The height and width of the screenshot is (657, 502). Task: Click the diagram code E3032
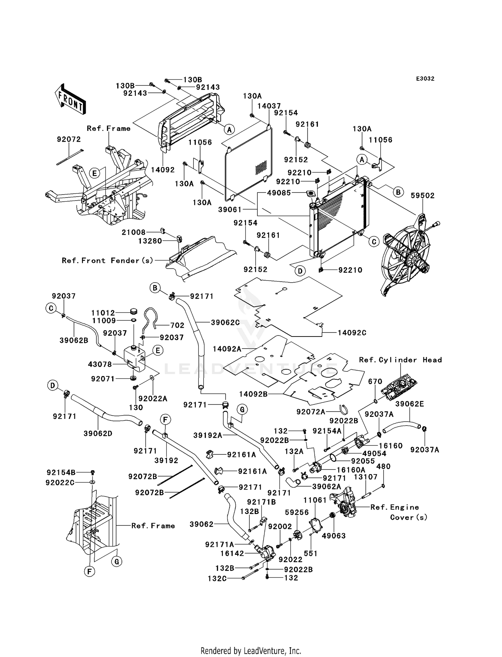[x=425, y=79]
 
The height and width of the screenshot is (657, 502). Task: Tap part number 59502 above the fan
[x=422, y=196]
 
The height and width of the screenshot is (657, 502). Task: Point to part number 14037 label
[x=269, y=106]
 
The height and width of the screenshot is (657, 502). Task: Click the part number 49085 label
[x=279, y=193]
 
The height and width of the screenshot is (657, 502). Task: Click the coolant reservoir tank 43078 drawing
[x=135, y=358]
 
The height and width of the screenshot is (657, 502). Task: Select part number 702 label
[x=177, y=325]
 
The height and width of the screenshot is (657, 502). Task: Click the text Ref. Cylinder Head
[x=400, y=360]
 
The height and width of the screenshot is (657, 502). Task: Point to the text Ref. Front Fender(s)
[x=107, y=261]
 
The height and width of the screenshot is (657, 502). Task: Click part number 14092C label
[x=352, y=333]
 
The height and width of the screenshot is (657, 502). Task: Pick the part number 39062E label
[x=409, y=404]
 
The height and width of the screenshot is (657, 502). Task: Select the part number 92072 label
[x=69, y=139]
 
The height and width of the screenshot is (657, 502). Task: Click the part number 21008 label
[x=134, y=232]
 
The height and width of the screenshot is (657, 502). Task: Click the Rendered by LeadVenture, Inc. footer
[x=251, y=651]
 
